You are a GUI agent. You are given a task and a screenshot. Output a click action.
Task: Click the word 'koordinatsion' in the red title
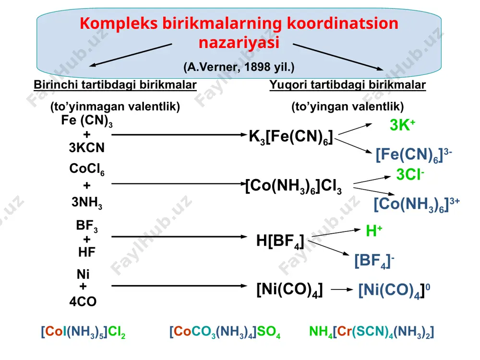[343, 23]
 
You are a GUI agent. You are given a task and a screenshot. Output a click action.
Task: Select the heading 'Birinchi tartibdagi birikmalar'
[115, 85]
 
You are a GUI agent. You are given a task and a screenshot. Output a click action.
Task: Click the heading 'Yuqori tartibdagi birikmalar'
[348, 85]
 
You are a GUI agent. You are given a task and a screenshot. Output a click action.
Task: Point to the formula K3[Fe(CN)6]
[290, 137]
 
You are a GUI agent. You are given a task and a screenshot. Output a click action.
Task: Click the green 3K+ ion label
[402, 125]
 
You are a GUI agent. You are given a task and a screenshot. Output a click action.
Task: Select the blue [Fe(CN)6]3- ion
[414, 155]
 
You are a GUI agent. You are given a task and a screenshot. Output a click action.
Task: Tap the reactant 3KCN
[86, 147]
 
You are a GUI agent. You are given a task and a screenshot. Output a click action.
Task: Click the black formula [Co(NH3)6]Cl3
[294, 186]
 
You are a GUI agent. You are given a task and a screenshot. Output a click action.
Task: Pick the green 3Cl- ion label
[410, 175]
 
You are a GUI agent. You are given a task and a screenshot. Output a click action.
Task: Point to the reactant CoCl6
[86, 169]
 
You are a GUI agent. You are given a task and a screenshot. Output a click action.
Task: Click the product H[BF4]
[280, 241]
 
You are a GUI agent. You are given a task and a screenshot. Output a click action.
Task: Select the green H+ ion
[374, 231]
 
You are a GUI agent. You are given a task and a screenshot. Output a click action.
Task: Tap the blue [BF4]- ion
[374, 261]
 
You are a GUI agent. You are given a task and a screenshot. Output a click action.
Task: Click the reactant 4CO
[83, 301]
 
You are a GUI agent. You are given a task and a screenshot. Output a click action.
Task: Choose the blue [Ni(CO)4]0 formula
[394, 290]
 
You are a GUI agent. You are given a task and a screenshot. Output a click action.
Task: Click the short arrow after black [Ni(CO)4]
[342, 289]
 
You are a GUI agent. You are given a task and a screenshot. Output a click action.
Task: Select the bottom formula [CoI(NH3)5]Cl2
[83, 332]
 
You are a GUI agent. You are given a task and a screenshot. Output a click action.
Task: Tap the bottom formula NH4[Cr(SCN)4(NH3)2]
[372, 332]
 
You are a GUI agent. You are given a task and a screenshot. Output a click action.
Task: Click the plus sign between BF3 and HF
[86, 239]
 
